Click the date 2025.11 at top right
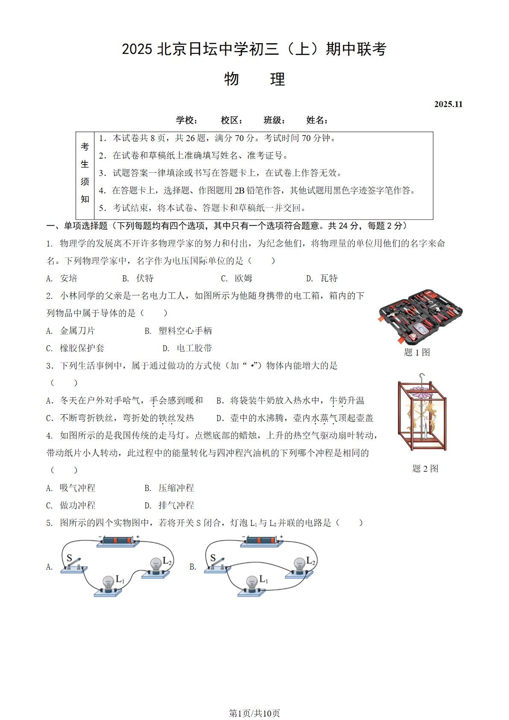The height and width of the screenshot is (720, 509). point(448,104)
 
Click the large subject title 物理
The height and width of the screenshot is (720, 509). point(254,79)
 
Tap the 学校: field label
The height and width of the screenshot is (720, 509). point(187,121)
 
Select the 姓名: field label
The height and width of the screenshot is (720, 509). point(317,121)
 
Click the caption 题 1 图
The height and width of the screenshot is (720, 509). point(417,352)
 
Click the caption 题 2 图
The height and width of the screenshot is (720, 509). point(425,469)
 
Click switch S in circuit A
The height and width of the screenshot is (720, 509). point(74,564)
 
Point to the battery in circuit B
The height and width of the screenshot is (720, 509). point(262,541)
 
